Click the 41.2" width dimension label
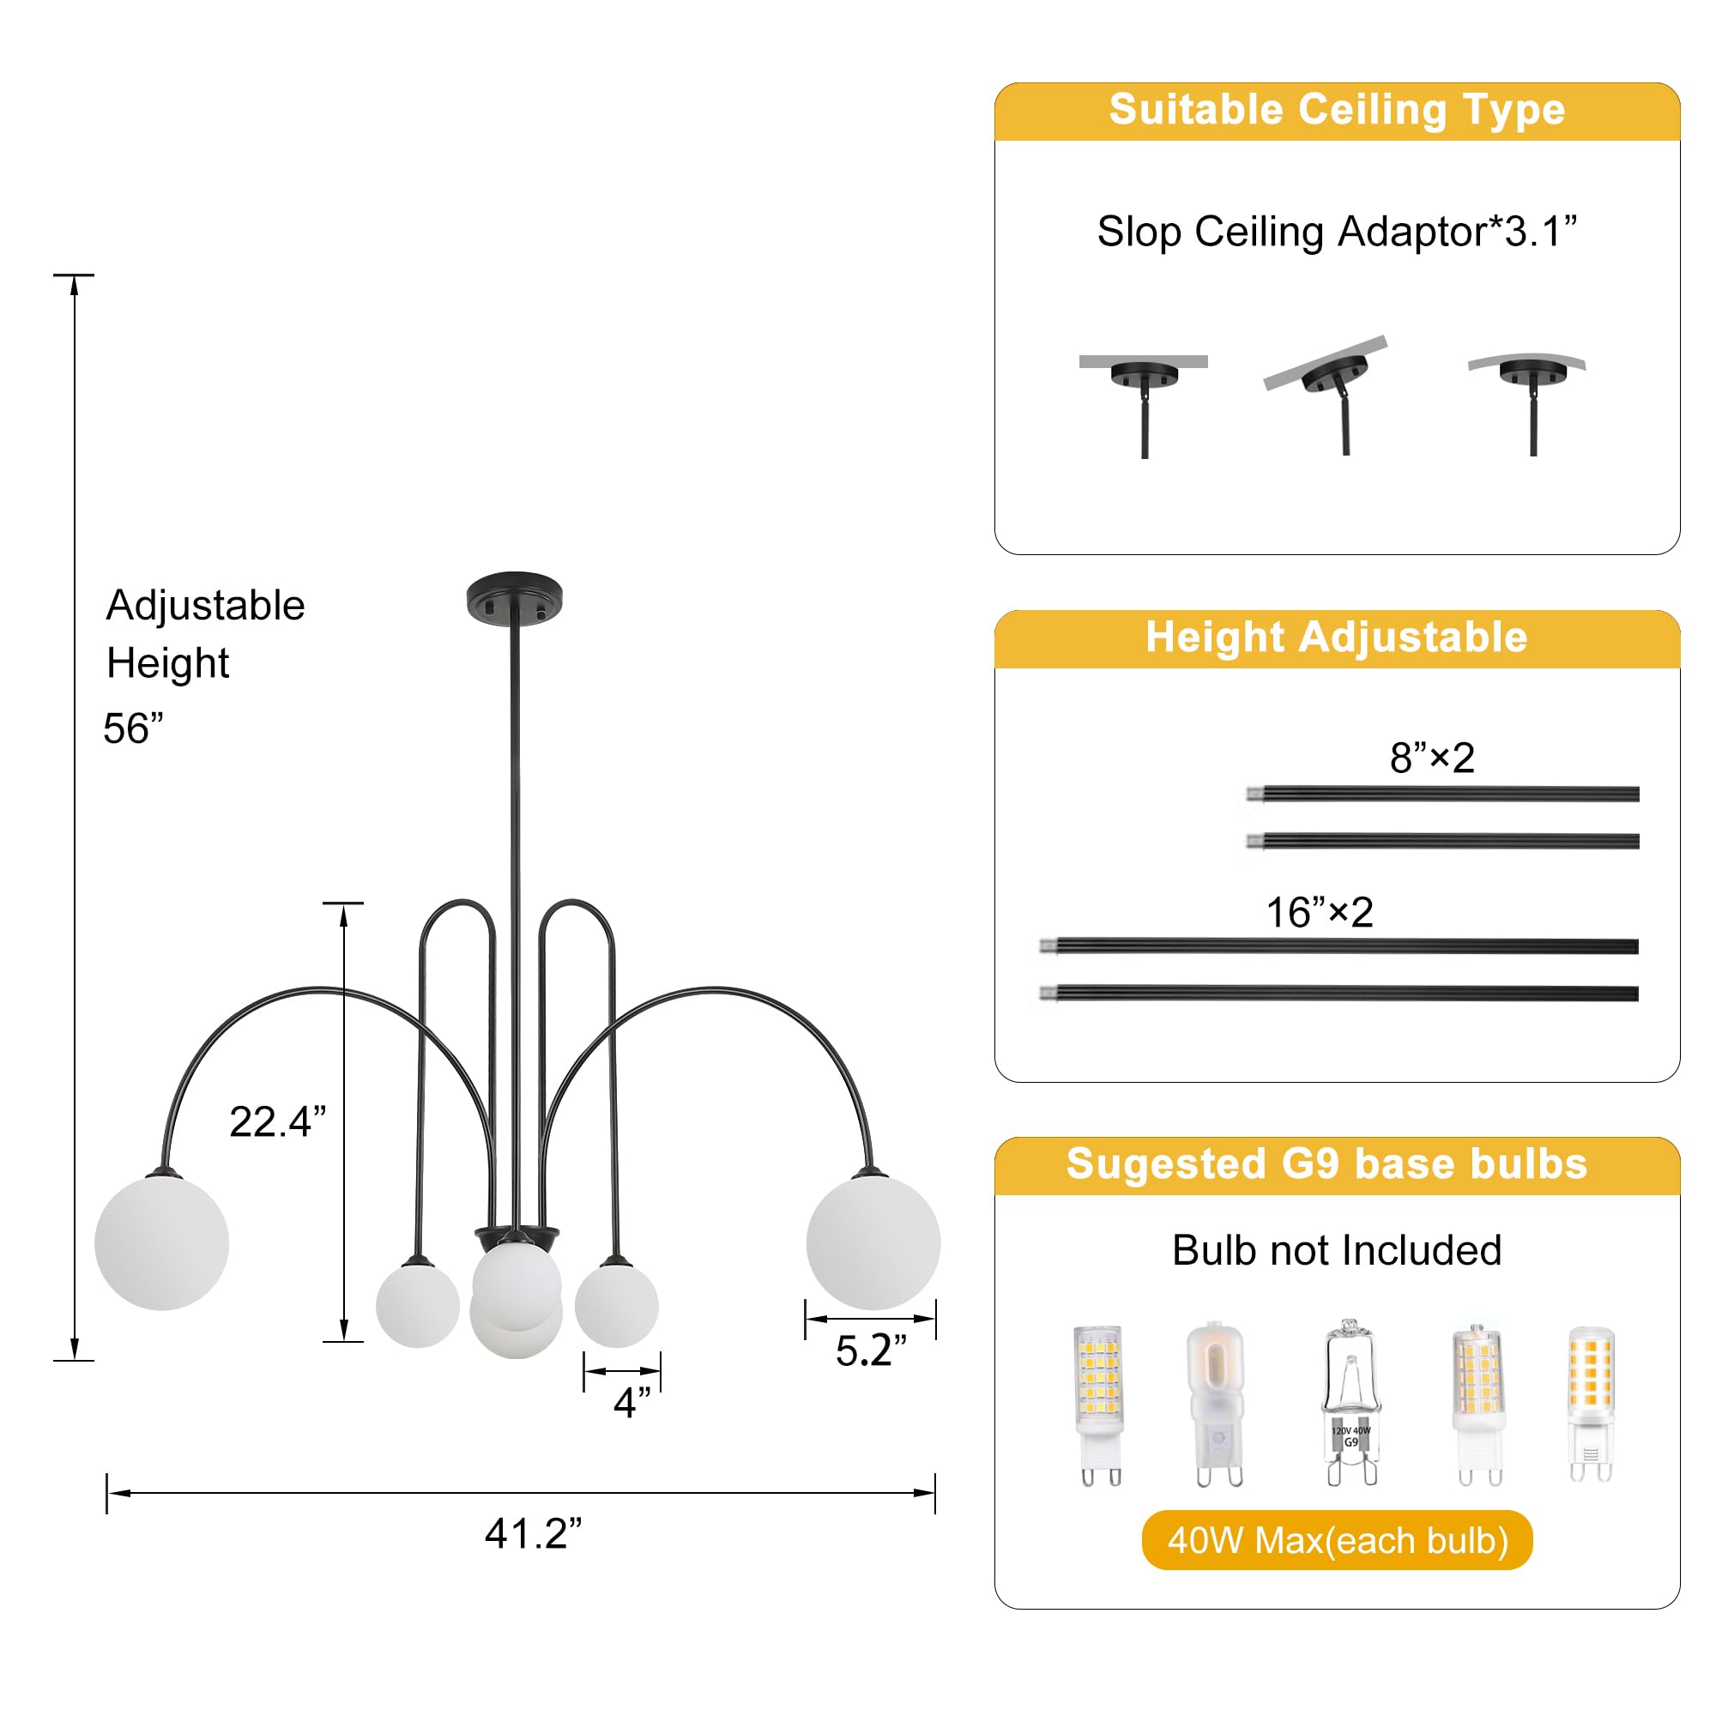[533, 1534]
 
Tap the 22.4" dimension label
[278, 1121]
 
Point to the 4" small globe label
[632, 1404]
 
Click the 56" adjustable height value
[133, 728]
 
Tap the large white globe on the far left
[161, 1242]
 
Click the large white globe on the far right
[873, 1242]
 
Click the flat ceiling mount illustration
[1144, 404]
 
